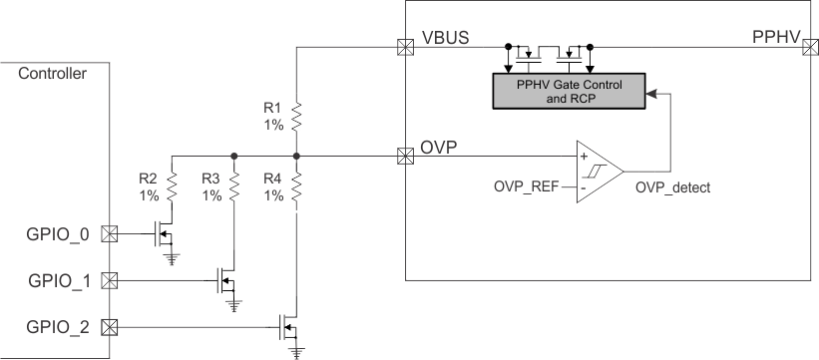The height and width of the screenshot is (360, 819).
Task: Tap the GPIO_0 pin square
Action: coord(110,235)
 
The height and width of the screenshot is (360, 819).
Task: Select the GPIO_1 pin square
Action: coord(110,280)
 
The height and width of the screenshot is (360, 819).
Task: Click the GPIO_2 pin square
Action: coord(110,325)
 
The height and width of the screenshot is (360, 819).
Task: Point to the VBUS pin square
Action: coord(405,46)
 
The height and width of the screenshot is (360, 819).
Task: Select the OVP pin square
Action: coord(405,156)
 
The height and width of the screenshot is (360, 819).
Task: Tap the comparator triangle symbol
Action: coord(597,172)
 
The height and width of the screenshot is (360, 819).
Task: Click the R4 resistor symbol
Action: coord(296,188)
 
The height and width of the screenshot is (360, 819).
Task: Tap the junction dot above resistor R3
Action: coord(233,156)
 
